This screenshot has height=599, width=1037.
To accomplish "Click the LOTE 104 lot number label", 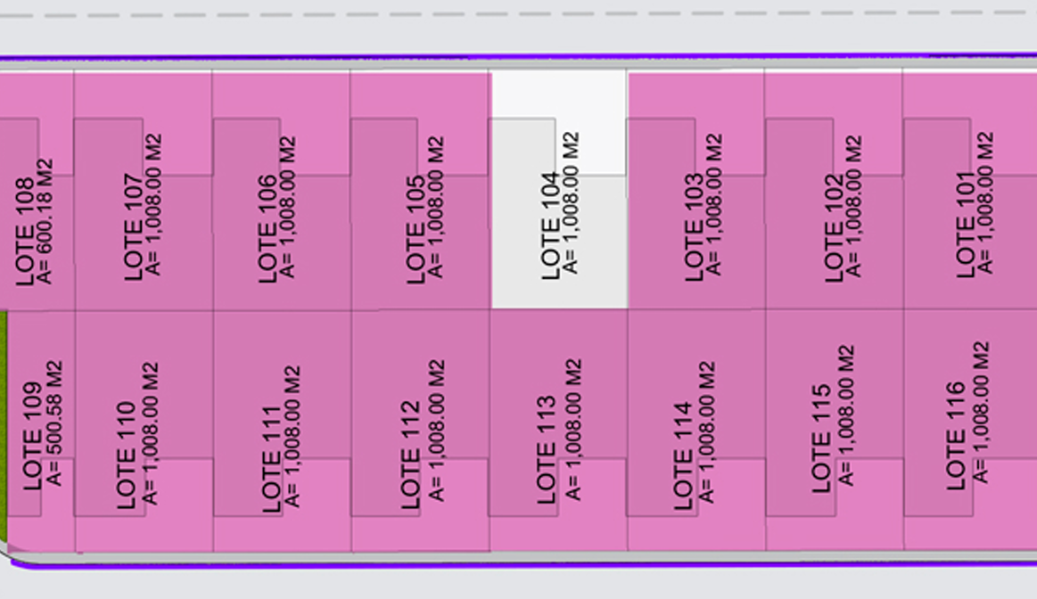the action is pyautogui.click(x=550, y=226).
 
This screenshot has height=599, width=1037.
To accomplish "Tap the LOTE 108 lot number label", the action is pyautogui.click(x=24, y=232).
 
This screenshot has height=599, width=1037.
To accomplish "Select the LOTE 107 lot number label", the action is pyautogui.click(x=133, y=227).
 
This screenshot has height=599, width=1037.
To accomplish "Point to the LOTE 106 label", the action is pyautogui.click(x=267, y=229).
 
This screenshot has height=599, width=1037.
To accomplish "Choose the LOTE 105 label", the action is pyautogui.click(x=416, y=229).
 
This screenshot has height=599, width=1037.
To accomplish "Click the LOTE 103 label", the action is pyautogui.click(x=693, y=226).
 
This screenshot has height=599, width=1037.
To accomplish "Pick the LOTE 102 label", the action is pyautogui.click(x=835, y=228).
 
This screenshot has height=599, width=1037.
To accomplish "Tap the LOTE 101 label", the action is pyautogui.click(x=966, y=225).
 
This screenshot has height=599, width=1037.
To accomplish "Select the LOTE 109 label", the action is pyautogui.click(x=32, y=436).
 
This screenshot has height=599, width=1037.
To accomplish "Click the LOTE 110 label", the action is pyautogui.click(x=125, y=455).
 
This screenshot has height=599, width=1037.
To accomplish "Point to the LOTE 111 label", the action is pyautogui.click(x=271, y=459).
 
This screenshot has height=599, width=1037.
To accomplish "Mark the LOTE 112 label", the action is pyautogui.click(x=410, y=455).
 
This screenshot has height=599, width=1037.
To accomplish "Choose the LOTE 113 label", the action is pyautogui.click(x=547, y=449).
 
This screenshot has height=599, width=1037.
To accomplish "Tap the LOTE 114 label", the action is pyautogui.click(x=682, y=455).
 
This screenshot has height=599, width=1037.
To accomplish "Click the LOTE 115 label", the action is pyautogui.click(x=820, y=439).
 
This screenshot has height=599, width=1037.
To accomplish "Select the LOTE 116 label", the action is pyautogui.click(x=956, y=436).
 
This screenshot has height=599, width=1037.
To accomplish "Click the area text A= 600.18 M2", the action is pyautogui.click(x=45, y=221).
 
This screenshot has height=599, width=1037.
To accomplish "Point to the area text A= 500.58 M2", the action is pyautogui.click(x=55, y=423).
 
